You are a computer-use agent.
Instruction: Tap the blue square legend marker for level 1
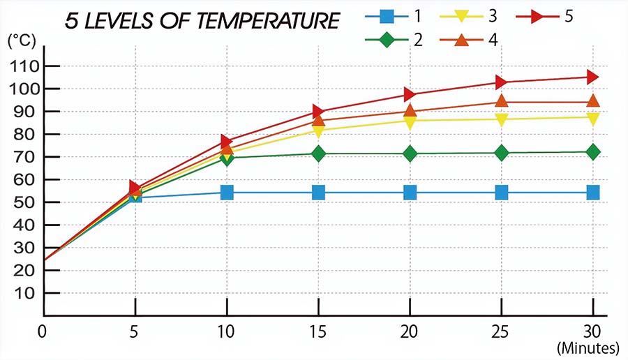390,15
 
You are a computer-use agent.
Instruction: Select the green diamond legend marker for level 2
390,39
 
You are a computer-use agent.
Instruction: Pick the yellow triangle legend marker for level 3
465,16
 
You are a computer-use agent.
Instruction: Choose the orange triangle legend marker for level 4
465,39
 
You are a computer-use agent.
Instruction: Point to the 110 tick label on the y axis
25,66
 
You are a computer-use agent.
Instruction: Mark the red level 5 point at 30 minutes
592,77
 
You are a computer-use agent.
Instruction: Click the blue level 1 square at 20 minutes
410,192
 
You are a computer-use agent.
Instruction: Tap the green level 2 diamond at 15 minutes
318,153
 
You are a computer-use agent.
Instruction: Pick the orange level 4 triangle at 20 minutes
410,110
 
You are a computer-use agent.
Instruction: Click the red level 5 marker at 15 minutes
319,111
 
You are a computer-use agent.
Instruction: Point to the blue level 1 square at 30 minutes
592,192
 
